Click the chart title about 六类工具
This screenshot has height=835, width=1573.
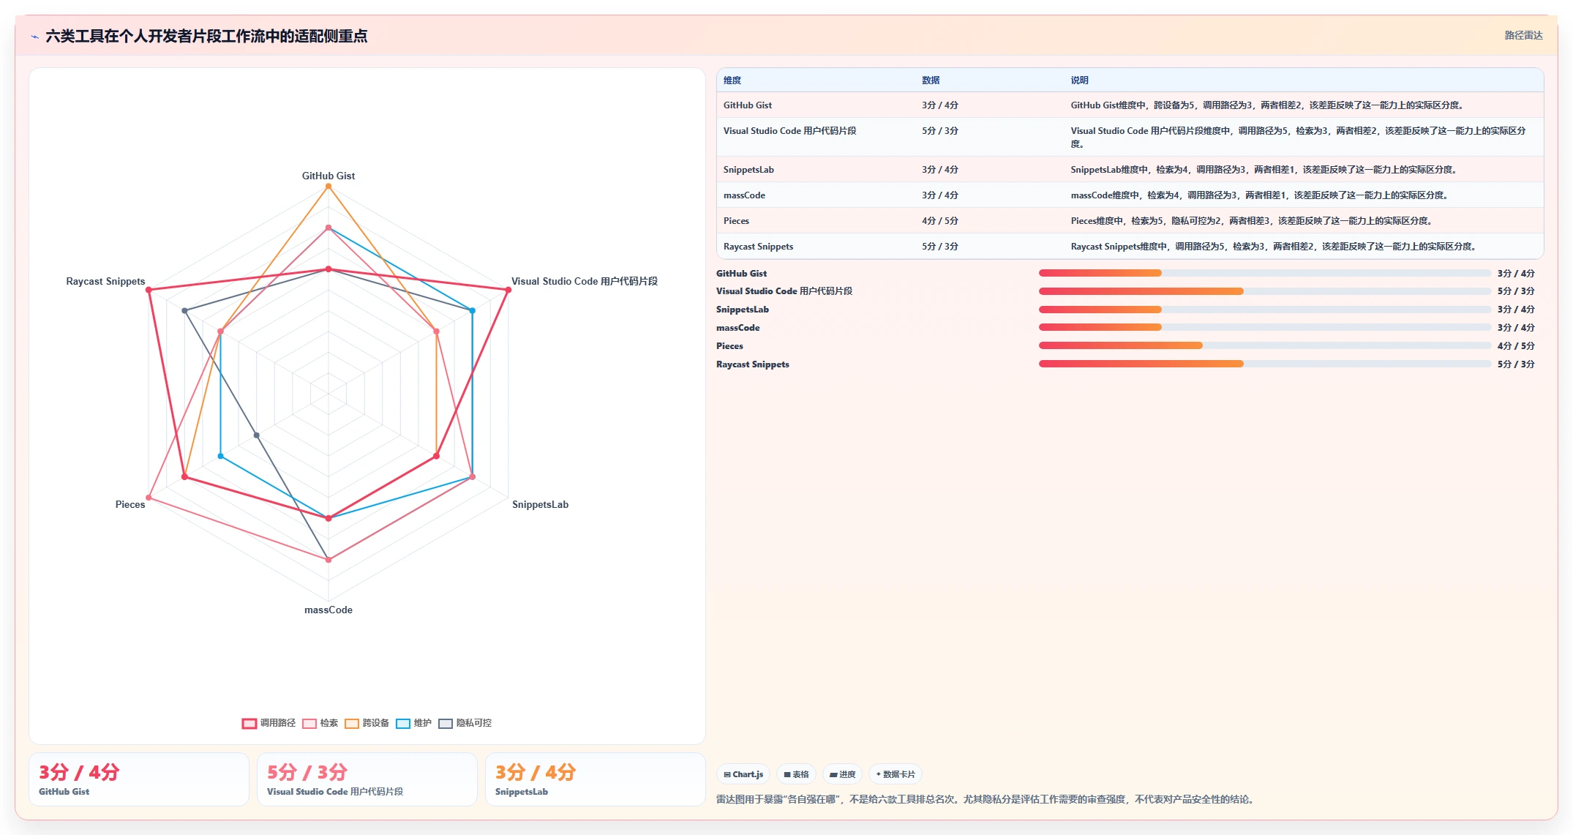coord(206,36)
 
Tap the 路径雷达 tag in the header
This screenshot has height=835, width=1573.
coord(1523,35)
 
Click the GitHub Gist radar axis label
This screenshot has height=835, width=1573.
coord(329,176)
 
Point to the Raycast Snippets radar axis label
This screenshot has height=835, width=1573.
coord(105,281)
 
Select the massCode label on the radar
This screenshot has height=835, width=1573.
coord(329,610)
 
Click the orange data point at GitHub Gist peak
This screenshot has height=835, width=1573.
coord(329,186)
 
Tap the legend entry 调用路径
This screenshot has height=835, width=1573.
coord(269,723)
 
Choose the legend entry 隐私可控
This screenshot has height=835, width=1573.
coord(465,723)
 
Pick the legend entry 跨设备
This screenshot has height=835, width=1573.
coord(367,723)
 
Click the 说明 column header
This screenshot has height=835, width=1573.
coord(1079,80)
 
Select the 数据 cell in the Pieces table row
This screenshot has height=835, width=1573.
coord(939,221)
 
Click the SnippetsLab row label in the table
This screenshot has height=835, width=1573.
coord(748,170)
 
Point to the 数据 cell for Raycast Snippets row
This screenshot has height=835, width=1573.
coord(939,247)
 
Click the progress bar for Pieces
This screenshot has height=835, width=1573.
coord(1264,345)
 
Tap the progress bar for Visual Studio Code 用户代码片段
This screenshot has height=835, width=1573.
coord(1264,291)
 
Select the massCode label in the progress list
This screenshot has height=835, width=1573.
coord(737,328)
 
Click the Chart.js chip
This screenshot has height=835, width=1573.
coord(743,774)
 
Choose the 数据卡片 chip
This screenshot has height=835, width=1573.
coord(896,774)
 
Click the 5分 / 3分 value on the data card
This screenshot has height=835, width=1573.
coord(307,772)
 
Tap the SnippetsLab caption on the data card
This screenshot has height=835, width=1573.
coord(522,792)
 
